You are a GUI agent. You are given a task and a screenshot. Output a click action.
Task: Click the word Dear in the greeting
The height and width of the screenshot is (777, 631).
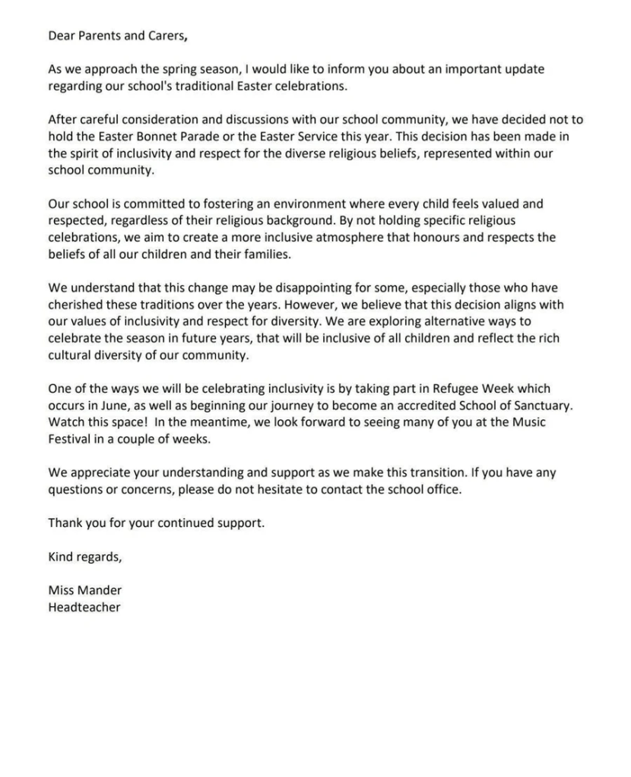pos(62,35)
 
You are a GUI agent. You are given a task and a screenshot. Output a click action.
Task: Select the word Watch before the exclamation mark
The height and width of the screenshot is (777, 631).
pos(65,422)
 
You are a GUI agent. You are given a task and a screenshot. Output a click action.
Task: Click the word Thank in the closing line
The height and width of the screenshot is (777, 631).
pos(65,523)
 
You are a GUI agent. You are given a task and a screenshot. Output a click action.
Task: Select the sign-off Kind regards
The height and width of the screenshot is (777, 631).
pos(84,557)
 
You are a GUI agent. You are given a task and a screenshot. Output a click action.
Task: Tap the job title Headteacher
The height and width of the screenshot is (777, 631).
pos(84,608)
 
